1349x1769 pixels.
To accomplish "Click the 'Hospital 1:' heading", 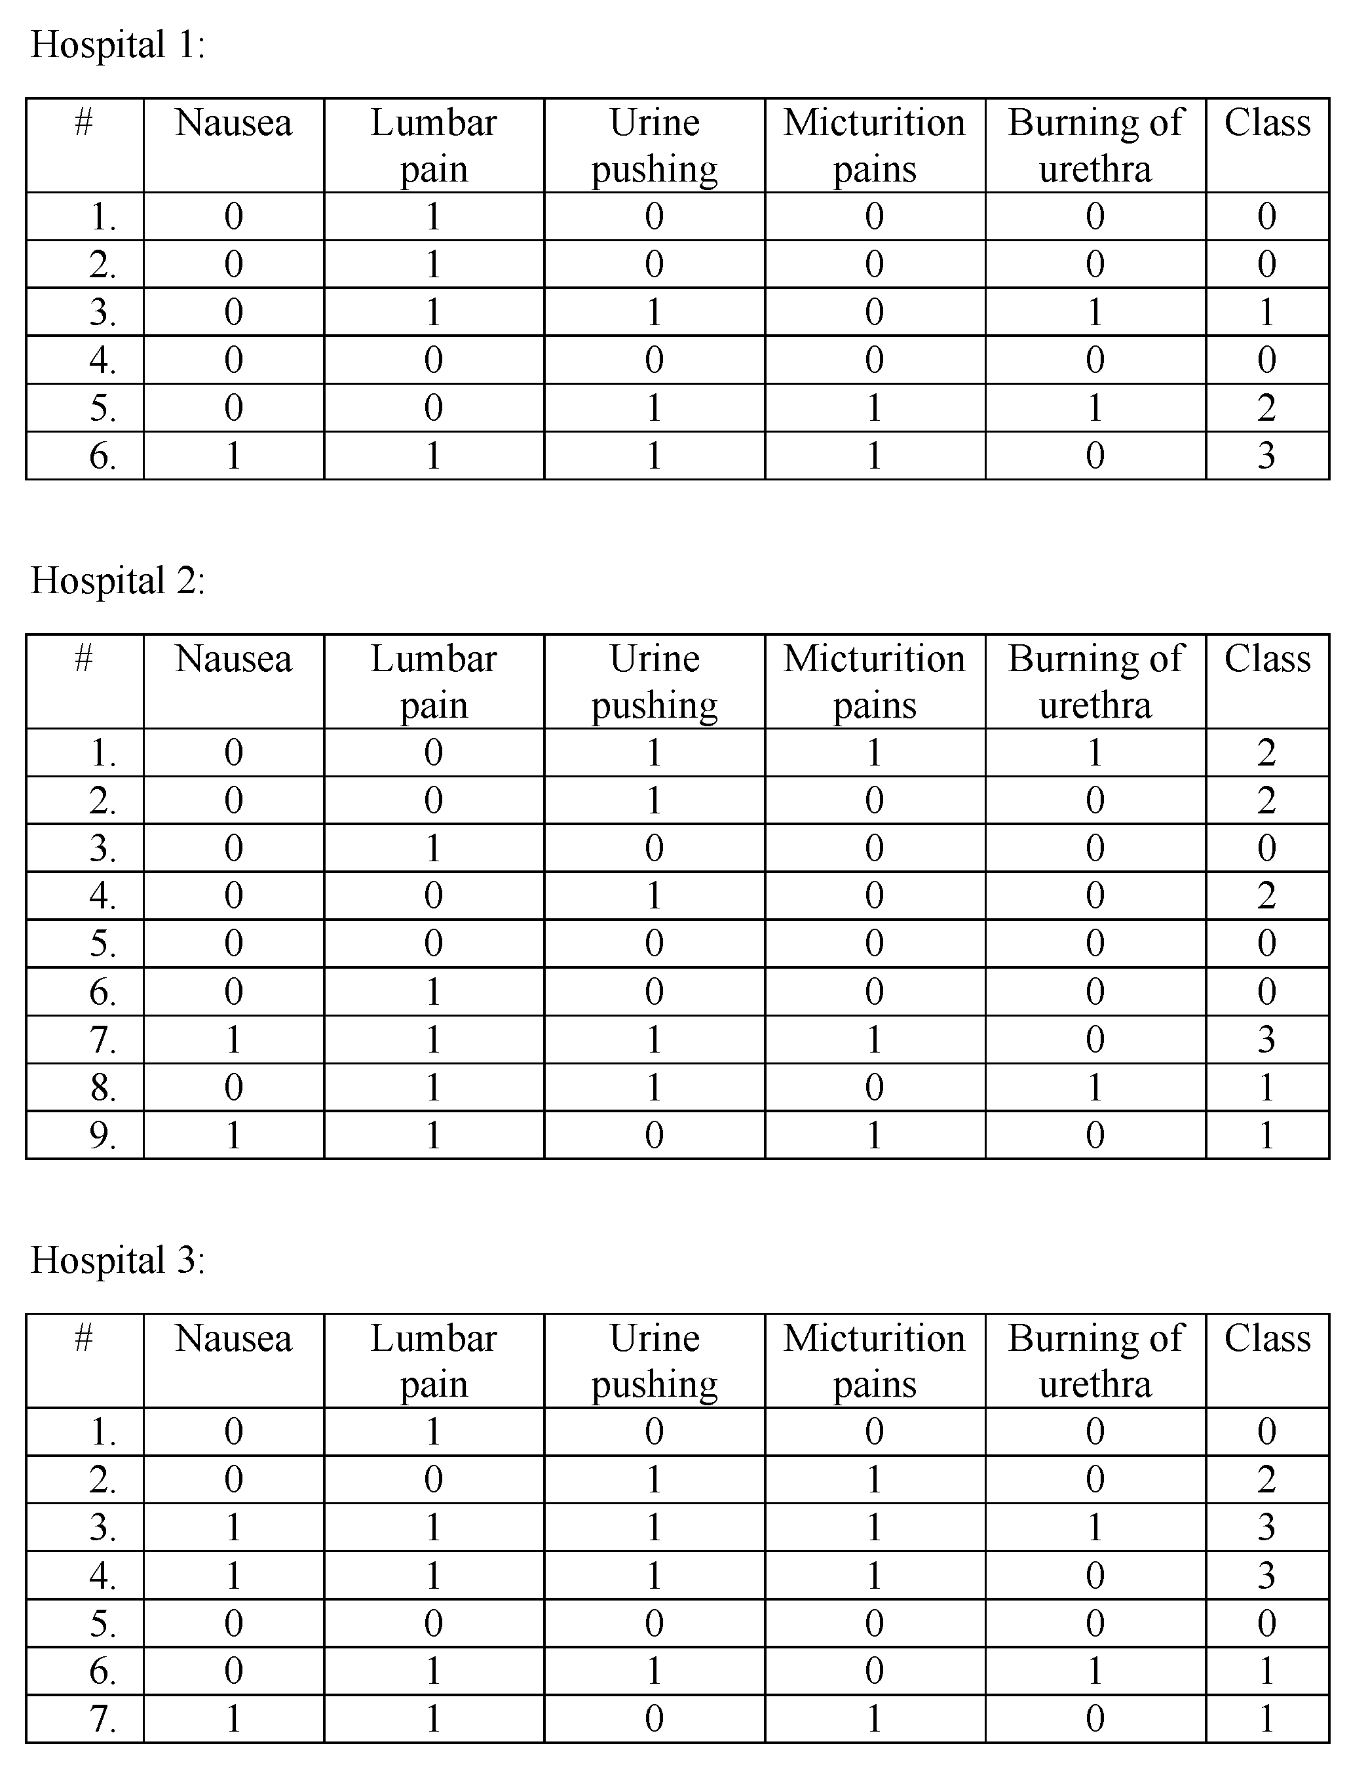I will coord(118,45).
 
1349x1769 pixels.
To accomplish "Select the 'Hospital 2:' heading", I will coord(118,581).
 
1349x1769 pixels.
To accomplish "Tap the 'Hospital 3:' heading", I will coord(118,1260).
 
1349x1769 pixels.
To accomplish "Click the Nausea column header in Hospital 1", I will coord(234,124).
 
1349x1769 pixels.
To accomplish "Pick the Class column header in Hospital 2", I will coord(1267,659).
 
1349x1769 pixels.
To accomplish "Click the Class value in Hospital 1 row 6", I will coord(1266,456).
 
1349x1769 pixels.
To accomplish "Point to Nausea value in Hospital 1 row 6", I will coord(234,456).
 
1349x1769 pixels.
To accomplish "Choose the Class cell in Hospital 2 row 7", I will coord(1266,1040).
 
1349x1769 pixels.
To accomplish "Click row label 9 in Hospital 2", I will coord(103,1135).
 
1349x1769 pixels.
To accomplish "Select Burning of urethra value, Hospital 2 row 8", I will coord(1095,1088).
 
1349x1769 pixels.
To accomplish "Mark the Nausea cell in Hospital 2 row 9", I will coord(234,1135).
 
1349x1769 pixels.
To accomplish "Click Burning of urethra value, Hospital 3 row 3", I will coord(1095,1526).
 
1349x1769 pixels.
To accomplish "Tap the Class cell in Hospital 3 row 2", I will coord(1266,1479).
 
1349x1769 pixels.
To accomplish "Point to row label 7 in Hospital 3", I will coord(103,1719).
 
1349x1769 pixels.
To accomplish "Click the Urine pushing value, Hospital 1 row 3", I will coord(655,312).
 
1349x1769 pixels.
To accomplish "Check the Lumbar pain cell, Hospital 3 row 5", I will coord(434,1623).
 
